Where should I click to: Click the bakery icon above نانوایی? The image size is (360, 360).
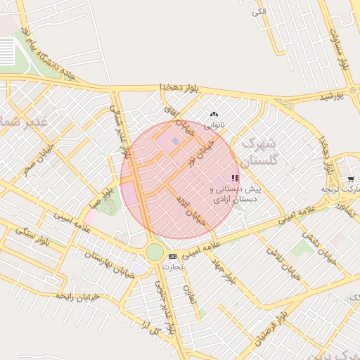(214, 114)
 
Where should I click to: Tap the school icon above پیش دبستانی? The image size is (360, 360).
(235, 179)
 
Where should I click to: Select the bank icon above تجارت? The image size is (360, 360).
(172, 256)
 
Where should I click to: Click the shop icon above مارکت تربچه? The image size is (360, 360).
(350, 179)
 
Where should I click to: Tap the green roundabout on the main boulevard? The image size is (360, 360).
(155, 252)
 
